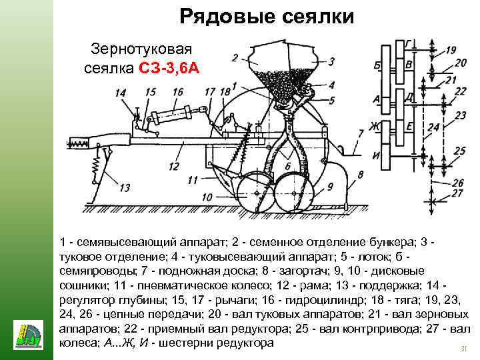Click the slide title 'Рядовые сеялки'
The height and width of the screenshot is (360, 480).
tap(267, 16)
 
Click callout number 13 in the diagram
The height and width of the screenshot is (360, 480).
tap(125, 188)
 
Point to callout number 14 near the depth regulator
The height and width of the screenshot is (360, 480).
tap(120, 94)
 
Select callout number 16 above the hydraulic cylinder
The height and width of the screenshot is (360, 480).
tap(177, 91)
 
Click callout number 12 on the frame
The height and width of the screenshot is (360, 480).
tap(174, 165)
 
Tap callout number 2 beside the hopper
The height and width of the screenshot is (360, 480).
tap(235, 57)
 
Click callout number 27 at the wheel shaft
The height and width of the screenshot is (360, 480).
tap(457, 193)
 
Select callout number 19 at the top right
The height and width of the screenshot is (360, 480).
tap(451, 50)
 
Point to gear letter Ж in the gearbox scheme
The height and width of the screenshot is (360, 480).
tap(375, 126)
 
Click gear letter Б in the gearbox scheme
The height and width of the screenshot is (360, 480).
tap(377, 65)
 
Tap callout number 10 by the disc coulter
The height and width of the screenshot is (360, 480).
tap(207, 197)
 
